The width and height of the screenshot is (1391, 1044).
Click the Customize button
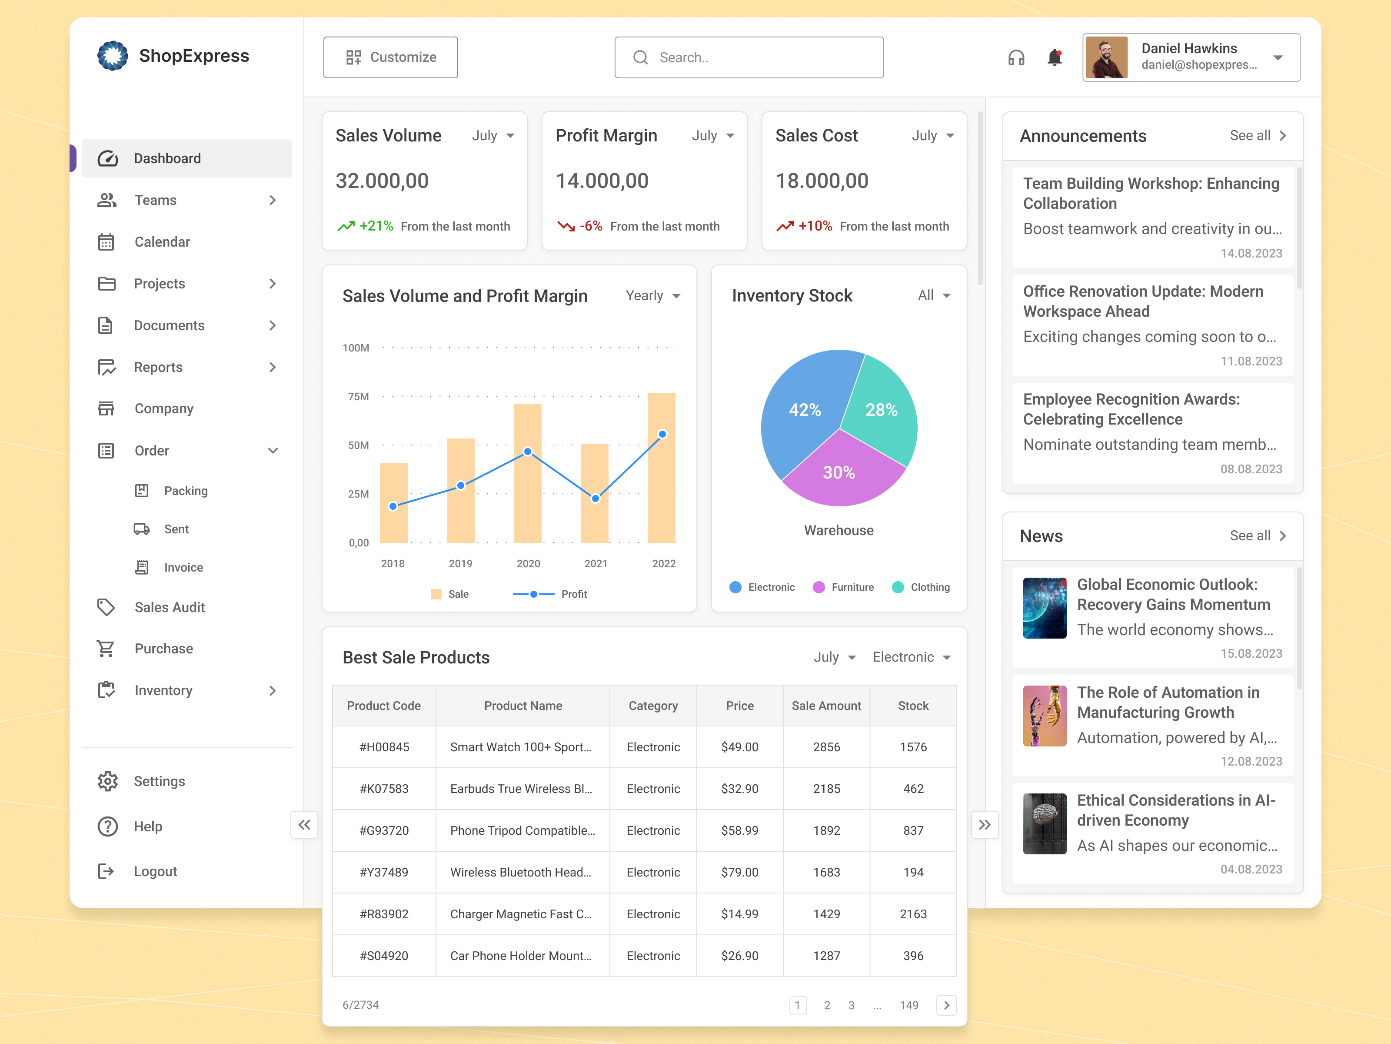pos(390,57)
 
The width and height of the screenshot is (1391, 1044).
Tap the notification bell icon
pos(1055,58)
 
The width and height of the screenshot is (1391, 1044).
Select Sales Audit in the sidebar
pos(169,607)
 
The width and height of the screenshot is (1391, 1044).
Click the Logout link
pos(155,872)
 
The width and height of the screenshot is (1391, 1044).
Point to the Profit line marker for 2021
pos(596,499)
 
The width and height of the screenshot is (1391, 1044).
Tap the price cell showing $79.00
pos(739,872)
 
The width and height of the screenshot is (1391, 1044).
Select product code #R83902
pos(383,914)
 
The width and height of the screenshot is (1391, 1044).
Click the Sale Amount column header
pos(826,706)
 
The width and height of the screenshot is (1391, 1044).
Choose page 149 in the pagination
pos(908,1005)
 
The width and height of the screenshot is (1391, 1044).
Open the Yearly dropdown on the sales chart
pos(653,296)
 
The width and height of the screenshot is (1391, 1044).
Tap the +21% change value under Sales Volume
pos(376,226)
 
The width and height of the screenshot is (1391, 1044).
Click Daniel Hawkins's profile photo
pos(1106,58)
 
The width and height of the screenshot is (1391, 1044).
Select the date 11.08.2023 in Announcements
pos(1251,361)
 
